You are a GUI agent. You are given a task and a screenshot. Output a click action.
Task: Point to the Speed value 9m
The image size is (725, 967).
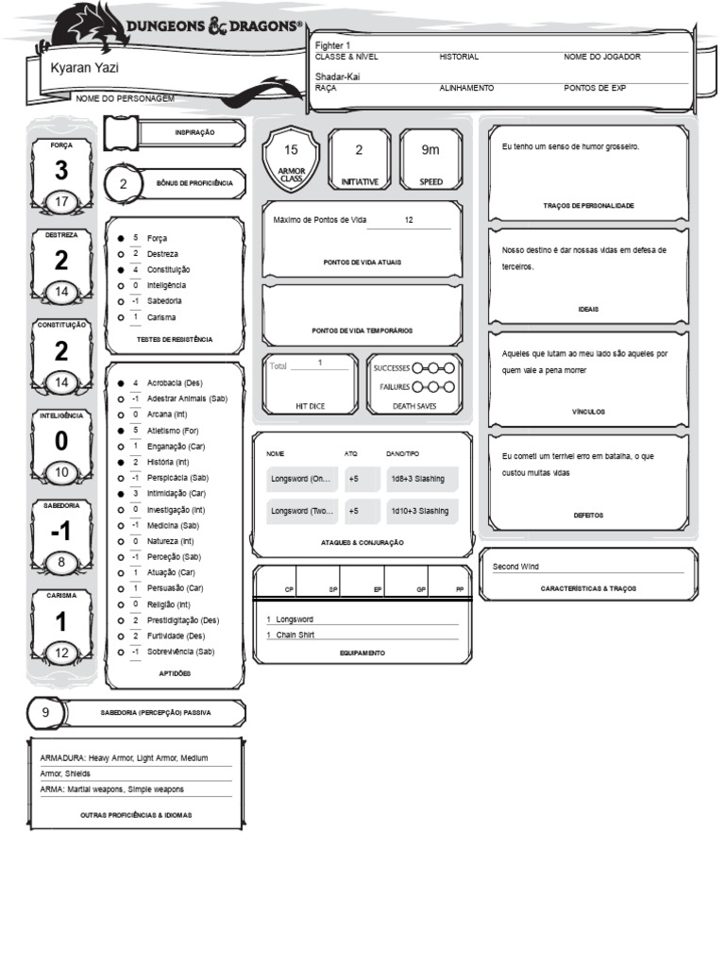430,150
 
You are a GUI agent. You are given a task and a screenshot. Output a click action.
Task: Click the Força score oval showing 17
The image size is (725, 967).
61,202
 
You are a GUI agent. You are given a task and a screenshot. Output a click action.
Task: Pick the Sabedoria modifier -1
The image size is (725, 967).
61,533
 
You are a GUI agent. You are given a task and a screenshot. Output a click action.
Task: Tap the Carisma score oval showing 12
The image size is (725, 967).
61,653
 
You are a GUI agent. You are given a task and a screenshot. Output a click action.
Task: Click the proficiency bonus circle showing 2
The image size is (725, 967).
123,184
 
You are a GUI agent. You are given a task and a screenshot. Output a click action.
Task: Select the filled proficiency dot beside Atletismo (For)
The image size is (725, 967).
121,431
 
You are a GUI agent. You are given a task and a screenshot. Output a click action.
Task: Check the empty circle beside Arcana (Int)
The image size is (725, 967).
121,415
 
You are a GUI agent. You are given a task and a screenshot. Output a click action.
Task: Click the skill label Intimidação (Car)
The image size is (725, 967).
177,493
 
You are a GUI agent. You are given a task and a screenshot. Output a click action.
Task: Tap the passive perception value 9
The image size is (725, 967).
45,712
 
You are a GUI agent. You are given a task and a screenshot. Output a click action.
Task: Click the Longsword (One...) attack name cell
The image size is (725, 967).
302,479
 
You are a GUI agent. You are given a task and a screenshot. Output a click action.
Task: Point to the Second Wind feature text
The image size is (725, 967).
516,567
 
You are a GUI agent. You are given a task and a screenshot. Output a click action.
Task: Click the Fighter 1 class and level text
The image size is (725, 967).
333,45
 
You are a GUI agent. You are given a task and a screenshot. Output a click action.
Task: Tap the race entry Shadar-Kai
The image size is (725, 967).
338,76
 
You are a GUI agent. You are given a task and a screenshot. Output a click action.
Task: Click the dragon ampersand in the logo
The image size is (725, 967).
216,28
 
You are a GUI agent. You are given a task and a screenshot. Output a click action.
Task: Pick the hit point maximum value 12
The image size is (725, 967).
409,219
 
